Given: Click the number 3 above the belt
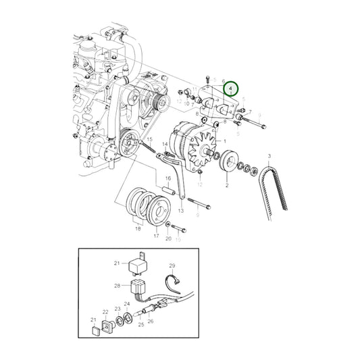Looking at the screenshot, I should tap(269, 156).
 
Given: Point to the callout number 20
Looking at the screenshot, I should tap(169, 238).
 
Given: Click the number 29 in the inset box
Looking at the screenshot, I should tap(172, 266).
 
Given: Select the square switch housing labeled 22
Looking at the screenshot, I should tap(105, 327).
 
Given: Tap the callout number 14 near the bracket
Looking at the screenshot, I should tap(165, 145).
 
